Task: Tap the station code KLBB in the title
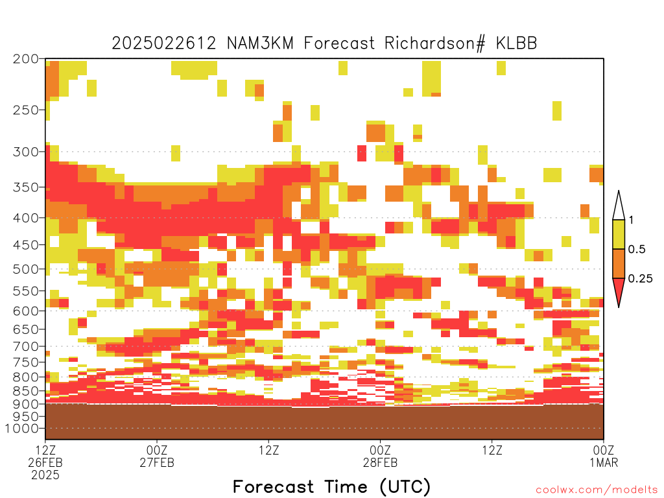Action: (517, 43)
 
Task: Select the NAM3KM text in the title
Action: (261, 43)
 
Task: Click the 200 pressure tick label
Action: (26, 59)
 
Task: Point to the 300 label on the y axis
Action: (26, 152)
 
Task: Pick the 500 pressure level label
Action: (26, 269)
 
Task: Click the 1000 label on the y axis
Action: (21, 428)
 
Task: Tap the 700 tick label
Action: (26, 346)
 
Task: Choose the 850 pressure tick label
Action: (26, 391)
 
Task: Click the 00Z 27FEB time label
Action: (157, 456)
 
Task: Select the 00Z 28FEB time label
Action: (380, 456)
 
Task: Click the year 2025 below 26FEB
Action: (45, 475)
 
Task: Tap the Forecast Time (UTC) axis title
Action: (331, 487)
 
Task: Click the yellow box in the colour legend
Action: (619, 234)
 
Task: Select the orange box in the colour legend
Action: (619, 263)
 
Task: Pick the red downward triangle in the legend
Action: (619, 289)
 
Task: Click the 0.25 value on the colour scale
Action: (640, 278)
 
